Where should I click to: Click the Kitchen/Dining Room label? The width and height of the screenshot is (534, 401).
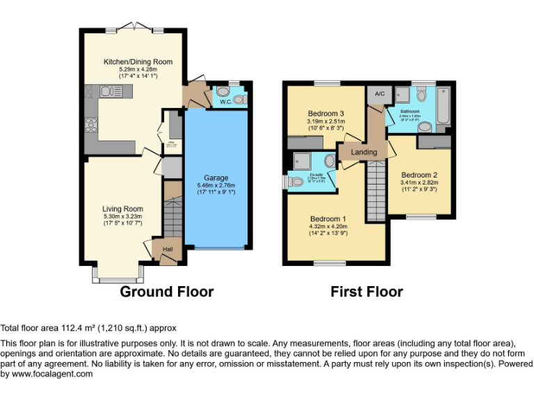tap(138, 62)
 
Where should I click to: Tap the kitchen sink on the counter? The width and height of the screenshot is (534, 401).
tap(109, 91)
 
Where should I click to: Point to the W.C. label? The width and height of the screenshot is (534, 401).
tap(226, 102)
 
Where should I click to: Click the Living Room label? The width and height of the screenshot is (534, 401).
tap(122, 209)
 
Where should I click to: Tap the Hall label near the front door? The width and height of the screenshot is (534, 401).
tap(168, 249)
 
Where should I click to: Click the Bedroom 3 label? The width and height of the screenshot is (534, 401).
tap(326, 113)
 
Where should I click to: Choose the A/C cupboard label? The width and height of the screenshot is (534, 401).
tap(380, 94)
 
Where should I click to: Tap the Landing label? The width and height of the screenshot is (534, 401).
tap(364, 152)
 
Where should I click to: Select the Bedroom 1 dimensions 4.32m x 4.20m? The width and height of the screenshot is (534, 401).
tap(327, 226)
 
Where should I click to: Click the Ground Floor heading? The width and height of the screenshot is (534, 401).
tap(167, 291)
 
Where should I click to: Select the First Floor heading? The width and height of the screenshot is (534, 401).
tap(366, 291)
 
